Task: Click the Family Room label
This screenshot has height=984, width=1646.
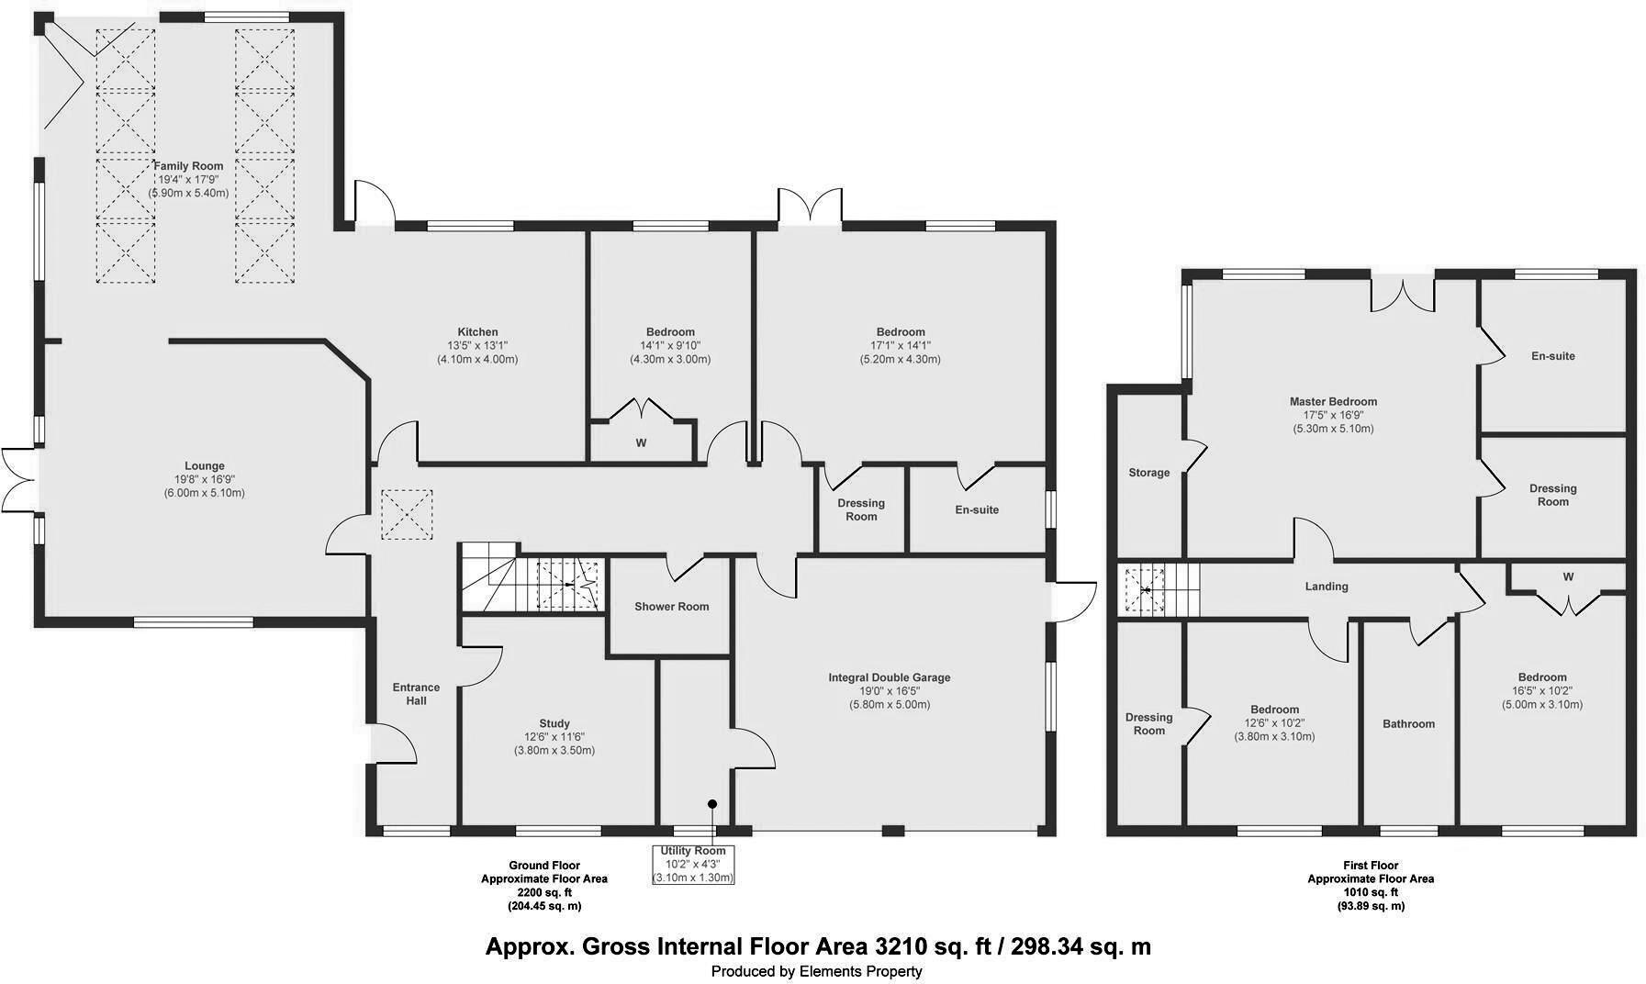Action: (x=188, y=166)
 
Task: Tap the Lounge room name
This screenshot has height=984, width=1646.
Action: (x=204, y=466)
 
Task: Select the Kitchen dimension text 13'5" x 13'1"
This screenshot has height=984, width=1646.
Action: (x=477, y=346)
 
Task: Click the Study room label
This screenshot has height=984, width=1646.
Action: (x=554, y=723)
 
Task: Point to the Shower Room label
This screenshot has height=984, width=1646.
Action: (x=672, y=607)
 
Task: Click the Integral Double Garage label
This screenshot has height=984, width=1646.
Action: (x=890, y=677)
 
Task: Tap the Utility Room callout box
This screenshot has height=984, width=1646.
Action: (x=693, y=865)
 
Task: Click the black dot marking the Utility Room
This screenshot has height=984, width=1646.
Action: (x=711, y=804)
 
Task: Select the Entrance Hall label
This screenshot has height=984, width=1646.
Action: (x=416, y=694)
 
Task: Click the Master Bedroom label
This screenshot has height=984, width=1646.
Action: (x=1333, y=402)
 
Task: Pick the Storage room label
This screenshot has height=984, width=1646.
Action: (x=1149, y=473)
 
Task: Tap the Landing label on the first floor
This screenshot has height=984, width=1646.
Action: (x=1327, y=587)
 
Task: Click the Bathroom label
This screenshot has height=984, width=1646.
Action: (x=1408, y=724)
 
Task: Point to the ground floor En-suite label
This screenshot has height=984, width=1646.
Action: (x=977, y=510)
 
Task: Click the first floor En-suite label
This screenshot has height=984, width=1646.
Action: (x=1553, y=356)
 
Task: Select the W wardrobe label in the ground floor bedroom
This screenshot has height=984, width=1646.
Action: (x=642, y=443)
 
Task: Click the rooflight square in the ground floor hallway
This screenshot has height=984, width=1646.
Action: (x=406, y=515)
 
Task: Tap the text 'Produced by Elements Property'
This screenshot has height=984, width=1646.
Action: (x=817, y=971)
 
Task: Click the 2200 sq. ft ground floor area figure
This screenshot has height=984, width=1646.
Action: (x=543, y=892)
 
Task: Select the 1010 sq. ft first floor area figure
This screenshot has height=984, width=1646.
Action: (x=1371, y=892)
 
